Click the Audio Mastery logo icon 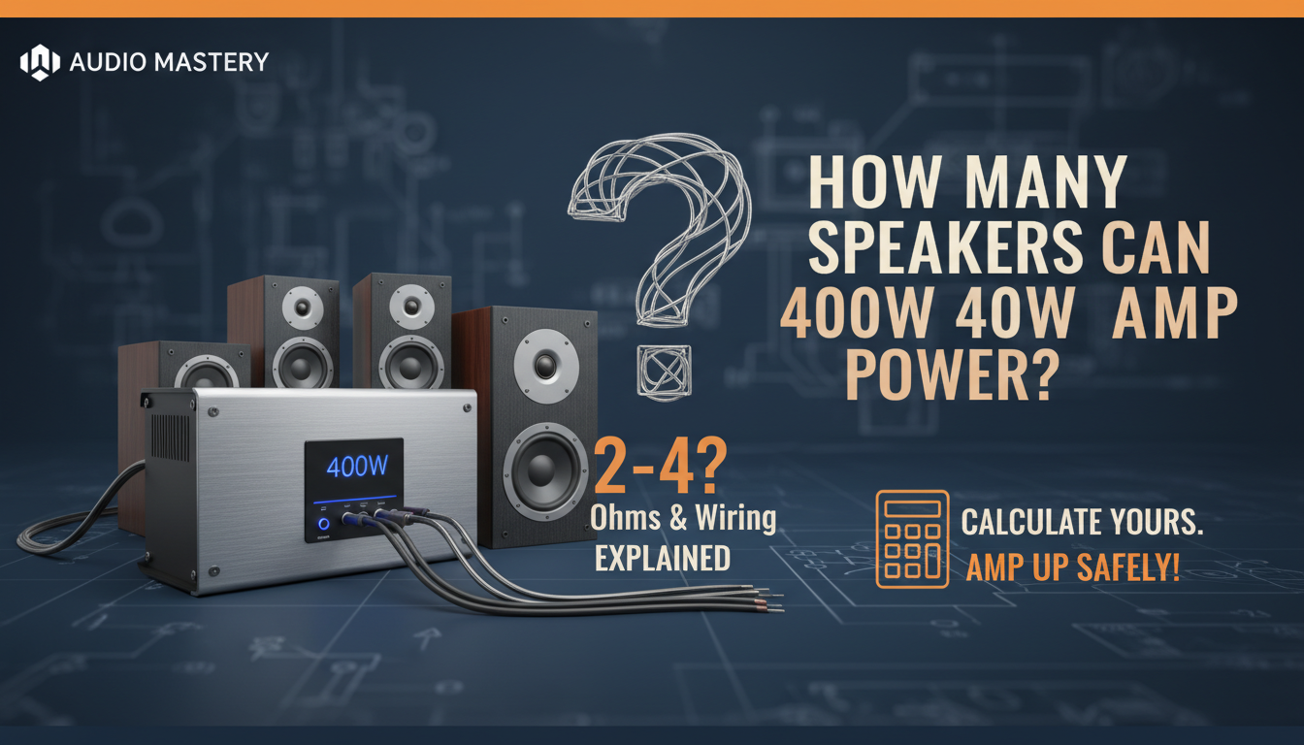tap(40, 62)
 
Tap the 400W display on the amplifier tap(357, 467)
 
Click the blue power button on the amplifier tap(323, 525)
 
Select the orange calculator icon tap(911, 538)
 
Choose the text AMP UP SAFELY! tap(1072, 567)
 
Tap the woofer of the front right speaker tap(545, 471)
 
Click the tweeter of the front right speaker tap(545, 367)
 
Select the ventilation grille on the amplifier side tap(172, 437)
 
